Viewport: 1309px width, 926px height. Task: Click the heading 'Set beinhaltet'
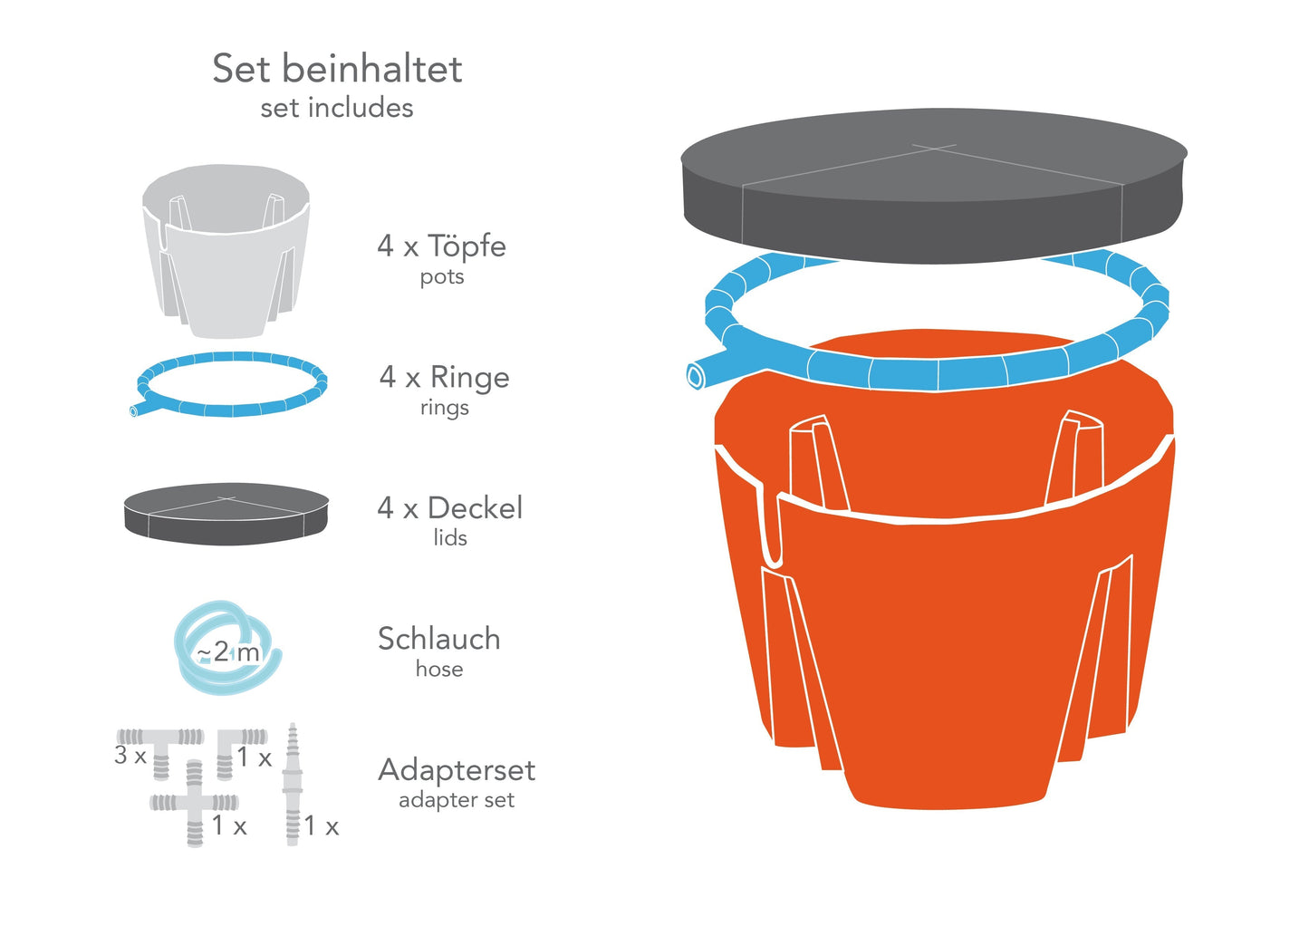(337, 69)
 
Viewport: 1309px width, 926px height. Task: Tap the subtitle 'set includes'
(337, 108)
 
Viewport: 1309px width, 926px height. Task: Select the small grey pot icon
(226, 249)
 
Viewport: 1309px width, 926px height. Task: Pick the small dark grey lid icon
(226, 513)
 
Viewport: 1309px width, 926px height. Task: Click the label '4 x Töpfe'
(441, 246)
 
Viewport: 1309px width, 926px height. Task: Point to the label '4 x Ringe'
(444, 377)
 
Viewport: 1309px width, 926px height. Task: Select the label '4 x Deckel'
(449, 507)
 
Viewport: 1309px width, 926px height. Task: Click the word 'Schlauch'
(438, 639)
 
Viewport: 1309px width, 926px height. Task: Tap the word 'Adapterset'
(457, 770)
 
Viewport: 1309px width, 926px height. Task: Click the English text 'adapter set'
(457, 800)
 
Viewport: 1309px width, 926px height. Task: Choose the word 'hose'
(439, 670)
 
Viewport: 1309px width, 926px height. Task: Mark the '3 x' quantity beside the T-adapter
(130, 755)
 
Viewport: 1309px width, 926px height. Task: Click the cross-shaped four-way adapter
(195, 803)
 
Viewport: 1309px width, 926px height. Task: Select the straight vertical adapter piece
(292, 785)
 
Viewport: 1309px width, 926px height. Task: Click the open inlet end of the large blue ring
(695, 375)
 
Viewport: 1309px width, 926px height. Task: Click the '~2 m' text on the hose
(228, 651)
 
